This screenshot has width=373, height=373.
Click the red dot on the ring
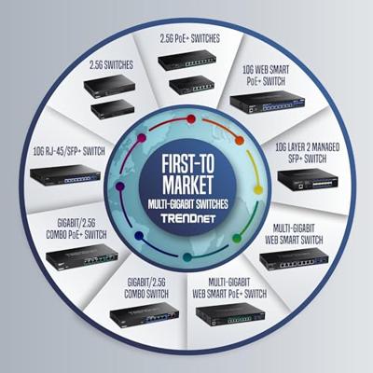pyautogui.click(x=191, y=118)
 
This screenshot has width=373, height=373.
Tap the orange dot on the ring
pyautogui.click(x=239, y=141)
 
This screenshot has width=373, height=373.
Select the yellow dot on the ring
pyautogui.click(x=258, y=189)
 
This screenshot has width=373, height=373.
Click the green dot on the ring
pyautogui.click(x=237, y=238)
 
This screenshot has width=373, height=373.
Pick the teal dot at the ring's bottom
pyautogui.click(x=187, y=257)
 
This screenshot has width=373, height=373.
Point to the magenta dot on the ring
pyautogui.click(x=142, y=138)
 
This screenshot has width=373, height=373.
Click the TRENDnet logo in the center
pyautogui.click(x=188, y=218)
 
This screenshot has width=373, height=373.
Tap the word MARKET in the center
pyautogui.click(x=187, y=185)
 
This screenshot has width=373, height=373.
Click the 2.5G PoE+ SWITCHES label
pyautogui.click(x=190, y=38)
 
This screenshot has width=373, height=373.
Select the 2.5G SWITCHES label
pyautogui.click(x=111, y=65)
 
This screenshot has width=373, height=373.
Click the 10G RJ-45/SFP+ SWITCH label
pyautogui.click(x=69, y=151)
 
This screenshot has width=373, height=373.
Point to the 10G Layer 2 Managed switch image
pyautogui.click(x=308, y=180)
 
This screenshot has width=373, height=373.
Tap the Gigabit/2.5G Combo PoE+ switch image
pyautogui.click(x=82, y=256)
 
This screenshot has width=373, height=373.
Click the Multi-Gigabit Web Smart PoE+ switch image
pyautogui.click(x=230, y=314)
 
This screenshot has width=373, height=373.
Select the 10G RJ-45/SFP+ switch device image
pyautogui.click(x=65, y=175)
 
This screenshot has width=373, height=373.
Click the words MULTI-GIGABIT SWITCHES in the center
pyautogui.click(x=188, y=204)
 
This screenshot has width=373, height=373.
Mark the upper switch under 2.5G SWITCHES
pyautogui.click(x=109, y=86)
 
